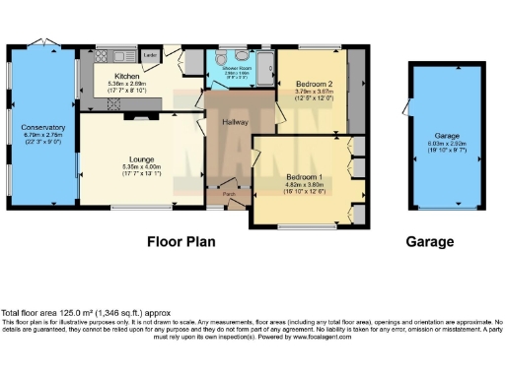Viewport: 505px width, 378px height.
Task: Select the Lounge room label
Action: point(139,159)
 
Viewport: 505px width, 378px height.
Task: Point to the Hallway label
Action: point(234,121)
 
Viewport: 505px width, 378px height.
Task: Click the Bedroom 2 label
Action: point(312,84)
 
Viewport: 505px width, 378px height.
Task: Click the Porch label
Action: point(229,195)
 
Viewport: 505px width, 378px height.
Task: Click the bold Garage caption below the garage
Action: point(430,241)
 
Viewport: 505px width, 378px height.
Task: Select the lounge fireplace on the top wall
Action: point(128,115)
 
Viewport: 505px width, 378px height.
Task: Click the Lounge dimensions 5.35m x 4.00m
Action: point(139,167)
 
